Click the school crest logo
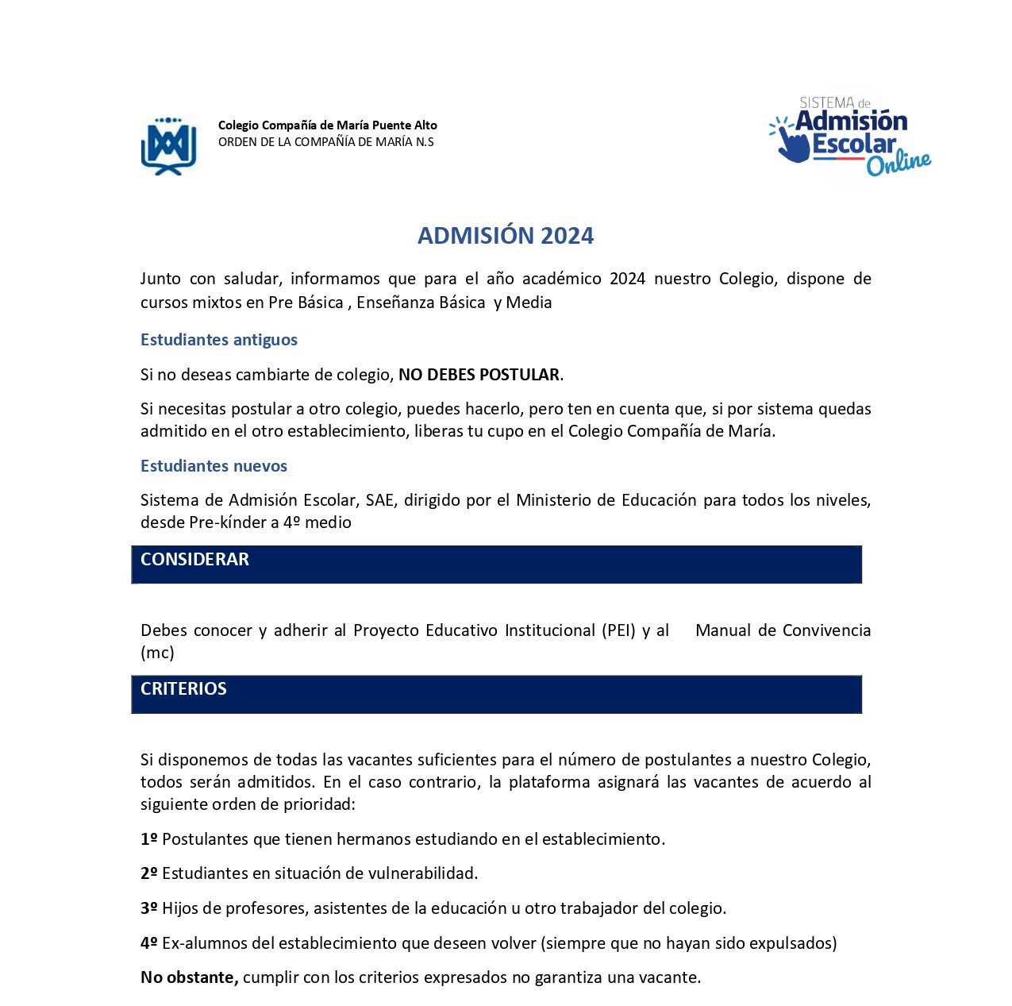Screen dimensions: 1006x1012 pyautogui.click(x=168, y=145)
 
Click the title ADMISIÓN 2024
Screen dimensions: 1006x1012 pyautogui.click(x=506, y=236)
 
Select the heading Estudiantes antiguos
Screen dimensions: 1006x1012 pyautogui.click(x=219, y=340)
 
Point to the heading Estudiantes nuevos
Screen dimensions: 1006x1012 pyautogui.click(x=214, y=466)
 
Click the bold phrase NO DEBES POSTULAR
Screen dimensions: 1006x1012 pyautogui.click(x=479, y=375)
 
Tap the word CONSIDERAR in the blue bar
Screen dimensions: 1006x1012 pyautogui.click(x=194, y=560)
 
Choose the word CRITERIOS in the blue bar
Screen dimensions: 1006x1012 pyautogui.click(x=183, y=689)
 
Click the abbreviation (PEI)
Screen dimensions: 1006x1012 pyautogui.click(x=618, y=630)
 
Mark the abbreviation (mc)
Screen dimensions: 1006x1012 pyautogui.click(x=157, y=653)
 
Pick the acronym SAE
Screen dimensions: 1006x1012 pyautogui.click(x=379, y=500)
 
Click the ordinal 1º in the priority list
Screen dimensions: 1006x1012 pyautogui.click(x=149, y=839)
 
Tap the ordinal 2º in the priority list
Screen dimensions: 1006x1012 pyautogui.click(x=149, y=873)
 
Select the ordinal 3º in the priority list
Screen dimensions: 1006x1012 pyautogui.click(x=149, y=908)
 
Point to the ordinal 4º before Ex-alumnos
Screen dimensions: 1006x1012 pyautogui.click(x=149, y=943)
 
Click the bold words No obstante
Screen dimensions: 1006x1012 pyautogui.click(x=189, y=977)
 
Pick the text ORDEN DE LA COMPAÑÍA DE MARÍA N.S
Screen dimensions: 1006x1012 pyautogui.click(x=326, y=142)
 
